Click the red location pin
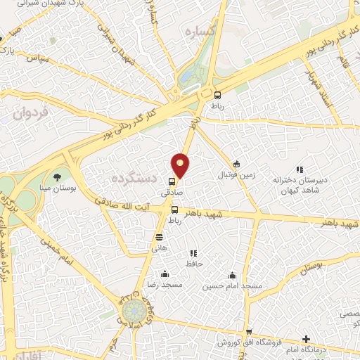[x=181, y=165]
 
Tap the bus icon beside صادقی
[x=172, y=181]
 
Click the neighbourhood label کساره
[x=198, y=32]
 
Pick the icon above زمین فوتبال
[x=237, y=163]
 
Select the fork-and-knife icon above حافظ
[x=193, y=253]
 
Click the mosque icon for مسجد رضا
[x=165, y=274]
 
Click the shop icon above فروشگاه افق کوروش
[x=248, y=332]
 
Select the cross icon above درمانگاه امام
[x=306, y=340]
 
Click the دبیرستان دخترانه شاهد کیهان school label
[x=300, y=184]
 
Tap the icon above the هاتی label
[x=160, y=237]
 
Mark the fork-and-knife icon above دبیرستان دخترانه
[x=300, y=169]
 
